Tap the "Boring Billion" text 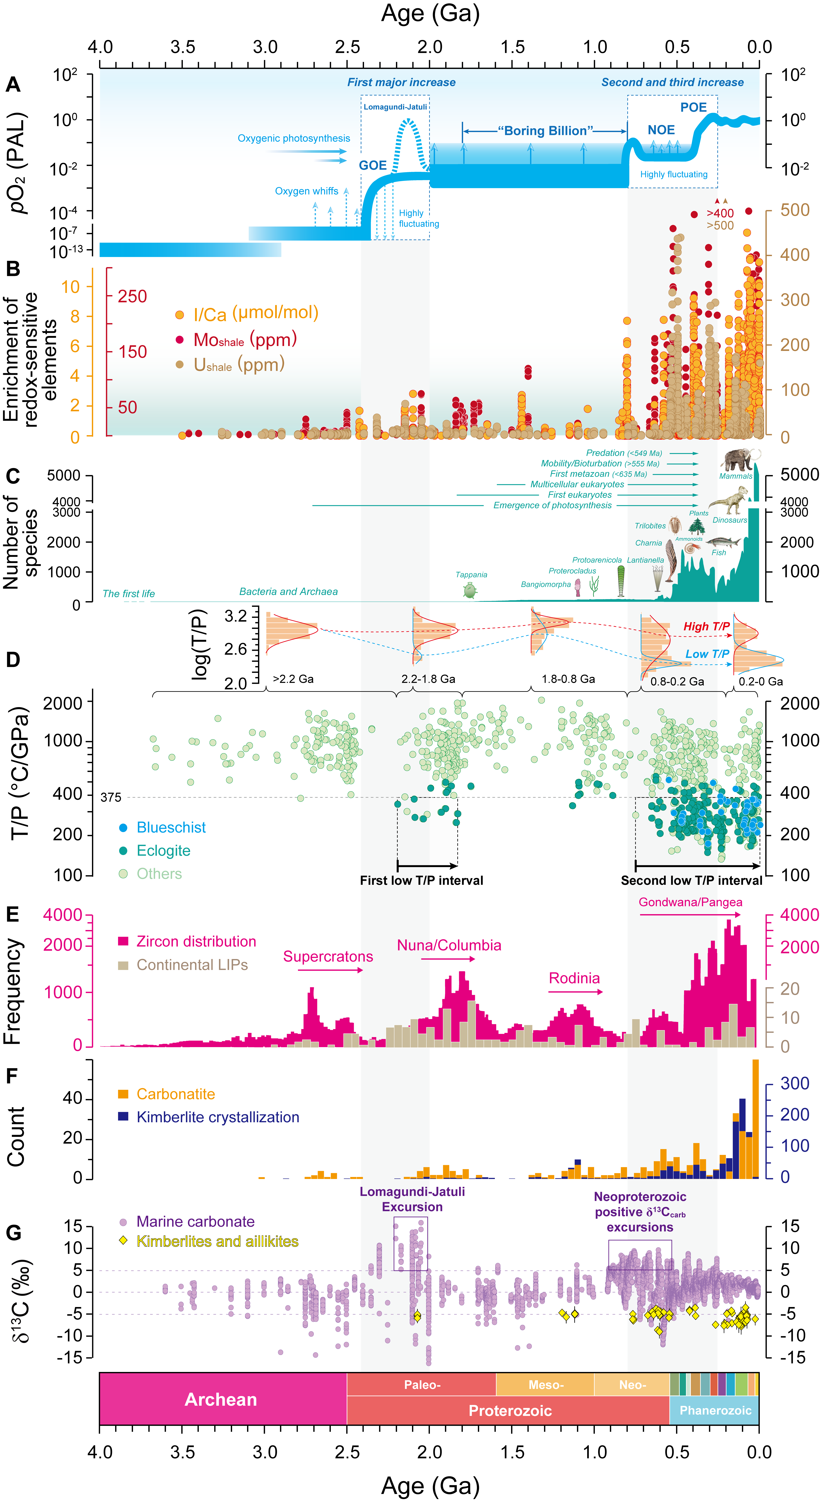click(545, 131)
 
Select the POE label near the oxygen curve click(693, 107)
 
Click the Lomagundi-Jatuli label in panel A click(395, 107)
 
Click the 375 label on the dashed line click(111, 797)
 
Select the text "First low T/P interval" click(422, 880)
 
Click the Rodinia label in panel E click(574, 978)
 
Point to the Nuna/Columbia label click(449, 945)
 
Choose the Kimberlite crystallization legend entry click(209, 1117)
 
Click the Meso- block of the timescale click(545, 1385)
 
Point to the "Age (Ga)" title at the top click(430, 13)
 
